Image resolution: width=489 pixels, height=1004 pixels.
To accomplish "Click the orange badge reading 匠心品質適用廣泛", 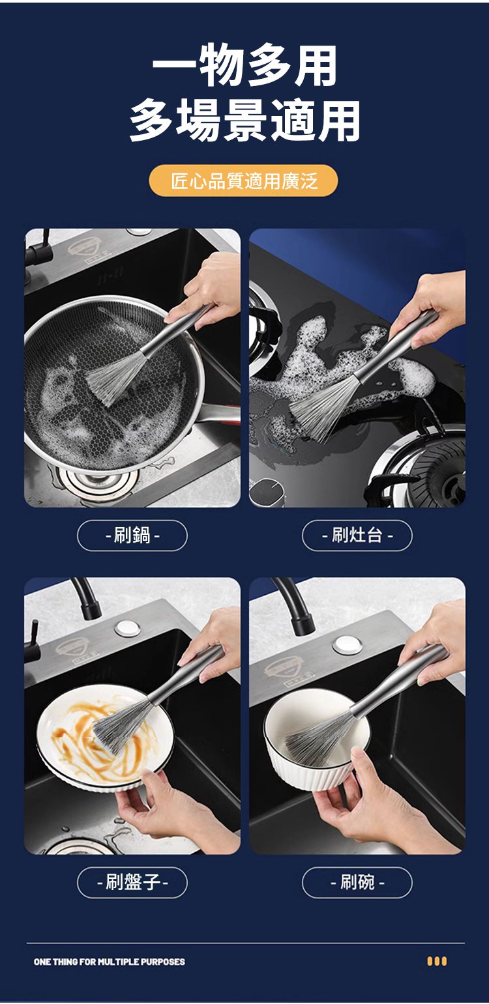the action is (x=243, y=180).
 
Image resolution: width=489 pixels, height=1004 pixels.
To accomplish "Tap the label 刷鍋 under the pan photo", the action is (x=132, y=535).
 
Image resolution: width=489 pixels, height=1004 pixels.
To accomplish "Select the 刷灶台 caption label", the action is (x=357, y=535).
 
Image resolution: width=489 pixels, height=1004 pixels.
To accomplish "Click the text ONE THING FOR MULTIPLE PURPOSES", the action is (x=109, y=962).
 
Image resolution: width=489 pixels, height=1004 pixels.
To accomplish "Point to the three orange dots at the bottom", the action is (x=436, y=962).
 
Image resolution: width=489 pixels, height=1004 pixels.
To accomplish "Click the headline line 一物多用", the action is (x=244, y=65).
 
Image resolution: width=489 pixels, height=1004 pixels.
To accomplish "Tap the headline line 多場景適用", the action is (x=244, y=120).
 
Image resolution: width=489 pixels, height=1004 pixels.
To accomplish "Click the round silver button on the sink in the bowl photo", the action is (x=348, y=646).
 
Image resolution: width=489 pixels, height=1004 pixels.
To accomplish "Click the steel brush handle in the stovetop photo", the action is (x=395, y=345).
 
